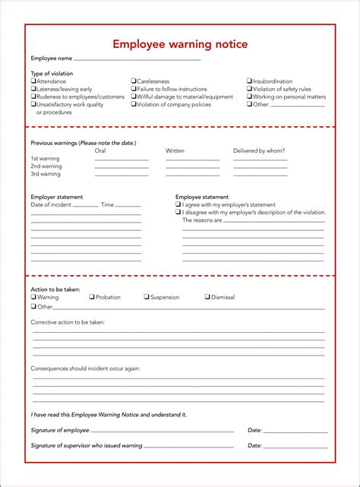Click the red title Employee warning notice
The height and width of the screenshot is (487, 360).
click(x=180, y=44)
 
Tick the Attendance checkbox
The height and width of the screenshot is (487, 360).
click(x=33, y=81)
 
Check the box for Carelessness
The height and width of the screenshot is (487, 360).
click(x=134, y=81)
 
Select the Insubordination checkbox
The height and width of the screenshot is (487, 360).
click(x=249, y=81)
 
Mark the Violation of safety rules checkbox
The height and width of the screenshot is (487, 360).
click(x=249, y=89)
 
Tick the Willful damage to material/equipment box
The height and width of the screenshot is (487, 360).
click(x=134, y=97)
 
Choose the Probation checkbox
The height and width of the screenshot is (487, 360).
click(x=92, y=297)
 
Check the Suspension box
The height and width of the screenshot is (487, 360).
click(x=147, y=297)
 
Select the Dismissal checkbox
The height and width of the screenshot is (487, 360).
click(x=207, y=297)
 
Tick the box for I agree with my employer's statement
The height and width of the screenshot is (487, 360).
click(x=178, y=204)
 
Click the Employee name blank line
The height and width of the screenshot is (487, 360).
click(x=137, y=59)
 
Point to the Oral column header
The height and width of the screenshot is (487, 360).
click(x=100, y=150)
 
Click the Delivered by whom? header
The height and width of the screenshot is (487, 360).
click(x=260, y=150)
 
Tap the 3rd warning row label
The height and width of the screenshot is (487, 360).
click(x=46, y=174)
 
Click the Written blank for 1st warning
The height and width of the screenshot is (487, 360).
click(x=192, y=159)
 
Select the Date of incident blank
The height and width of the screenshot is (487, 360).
click(x=85, y=205)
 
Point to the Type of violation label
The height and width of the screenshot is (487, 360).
click(x=52, y=74)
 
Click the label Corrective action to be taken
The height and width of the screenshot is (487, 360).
click(x=68, y=322)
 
